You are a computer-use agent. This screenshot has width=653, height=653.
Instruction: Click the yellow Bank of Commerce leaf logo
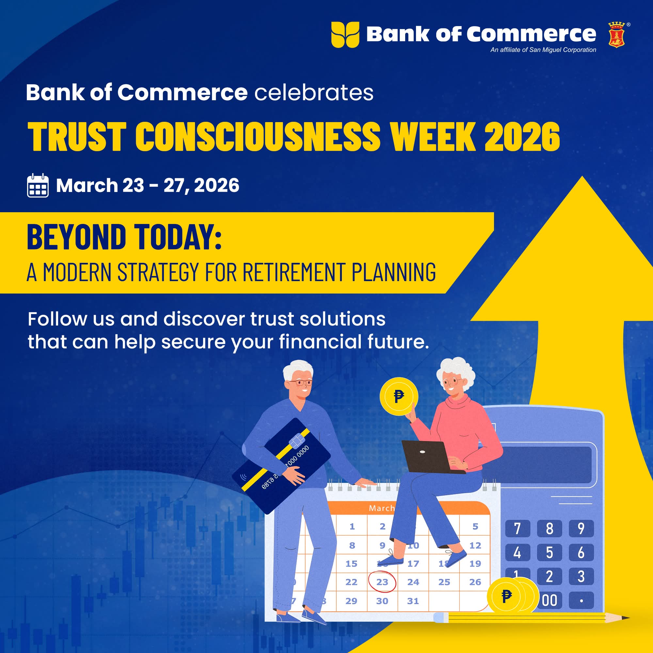point(345,35)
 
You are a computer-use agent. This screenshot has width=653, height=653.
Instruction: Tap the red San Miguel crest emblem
point(616,35)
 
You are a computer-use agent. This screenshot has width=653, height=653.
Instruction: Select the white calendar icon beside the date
point(38,185)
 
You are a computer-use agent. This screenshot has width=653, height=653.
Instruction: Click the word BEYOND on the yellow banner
point(76,237)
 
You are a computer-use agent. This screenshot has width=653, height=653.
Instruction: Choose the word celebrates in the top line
point(314,92)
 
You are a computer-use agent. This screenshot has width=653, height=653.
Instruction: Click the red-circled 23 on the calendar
point(382,582)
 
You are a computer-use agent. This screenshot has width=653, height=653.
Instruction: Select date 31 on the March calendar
point(413,601)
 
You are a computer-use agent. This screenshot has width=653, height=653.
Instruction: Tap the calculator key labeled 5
point(549,552)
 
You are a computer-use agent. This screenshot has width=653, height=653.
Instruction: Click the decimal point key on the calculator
point(581,600)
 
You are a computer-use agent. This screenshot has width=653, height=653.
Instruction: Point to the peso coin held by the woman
point(399,396)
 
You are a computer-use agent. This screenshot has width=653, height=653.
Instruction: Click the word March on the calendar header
point(382,508)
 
